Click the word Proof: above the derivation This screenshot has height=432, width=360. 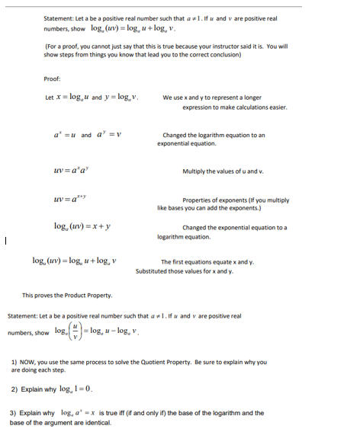[51, 78]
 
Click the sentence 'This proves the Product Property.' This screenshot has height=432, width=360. [67, 295]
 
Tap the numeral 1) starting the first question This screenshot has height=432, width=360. [14, 361]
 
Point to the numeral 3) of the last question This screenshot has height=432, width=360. [14, 413]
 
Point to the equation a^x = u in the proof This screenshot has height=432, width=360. [60, 135]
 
